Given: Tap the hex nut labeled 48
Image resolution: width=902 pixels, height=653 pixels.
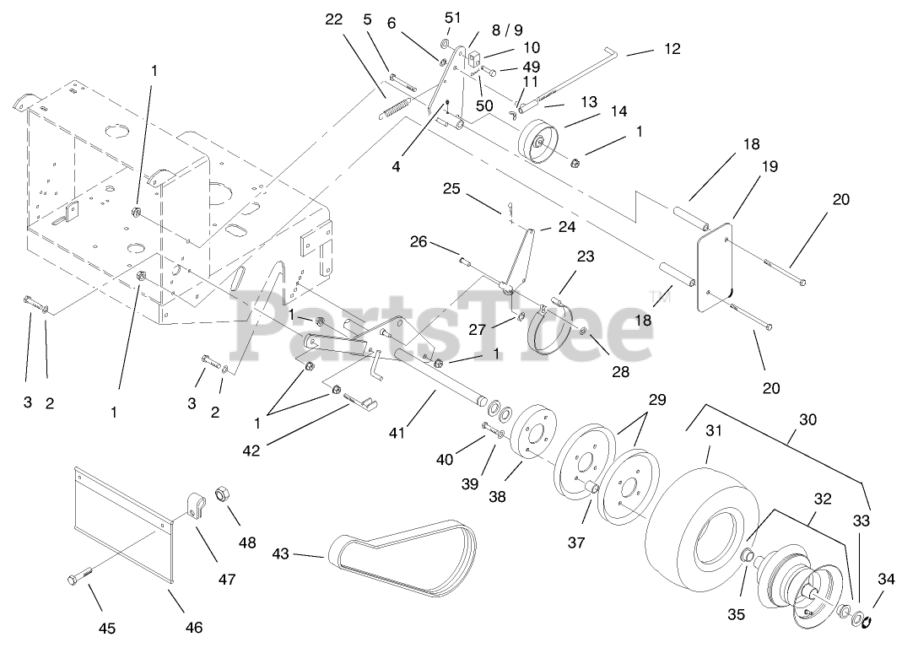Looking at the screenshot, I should click(224, 494).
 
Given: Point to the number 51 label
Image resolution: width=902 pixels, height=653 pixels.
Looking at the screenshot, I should click(453, 17).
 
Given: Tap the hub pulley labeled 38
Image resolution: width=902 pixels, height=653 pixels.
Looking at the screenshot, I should click(531, 439).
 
